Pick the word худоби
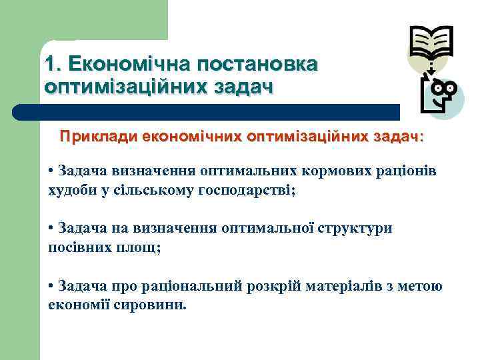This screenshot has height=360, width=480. click(70, 191)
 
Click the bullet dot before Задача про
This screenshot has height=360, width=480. click(51, 286)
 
